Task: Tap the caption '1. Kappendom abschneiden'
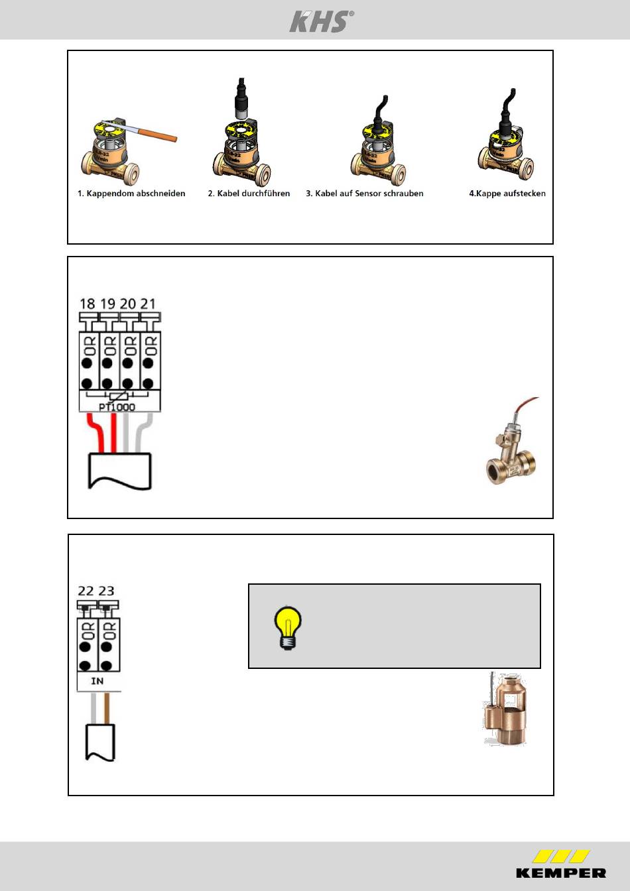(x=131, y=194)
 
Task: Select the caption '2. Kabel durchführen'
(x=249, y=194)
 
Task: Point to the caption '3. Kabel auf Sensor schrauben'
(x=364, y=194)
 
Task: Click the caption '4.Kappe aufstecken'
(x=507, y=194)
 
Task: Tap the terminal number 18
(x=87, y=304)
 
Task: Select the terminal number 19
(x=107, y=304)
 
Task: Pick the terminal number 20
(x=128, y=304)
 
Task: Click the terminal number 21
(x=148, y=304)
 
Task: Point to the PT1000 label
(x=117, y=407)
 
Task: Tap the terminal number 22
(x=86, y=591)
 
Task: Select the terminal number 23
(x=106, y=591)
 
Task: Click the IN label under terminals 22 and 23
(x=97, y=681)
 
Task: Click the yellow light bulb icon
(x=287, y=628)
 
